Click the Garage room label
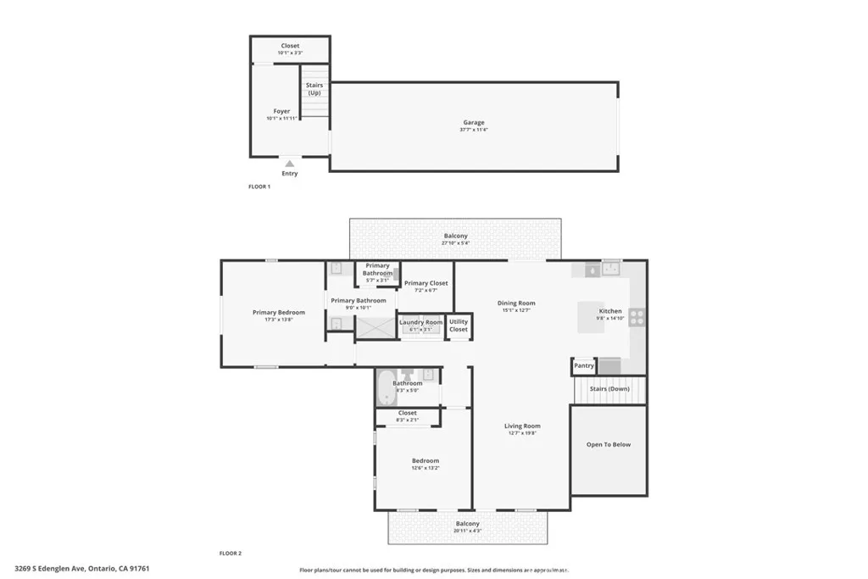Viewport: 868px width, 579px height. tap(473, 123)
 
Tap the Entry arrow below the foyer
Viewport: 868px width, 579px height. tap(290, 164)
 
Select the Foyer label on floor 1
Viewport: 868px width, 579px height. tap(281, 111)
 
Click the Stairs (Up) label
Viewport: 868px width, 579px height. tap(314, 88)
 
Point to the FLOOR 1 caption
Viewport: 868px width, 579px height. tap(259, 187)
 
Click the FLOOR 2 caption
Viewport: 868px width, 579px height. tap(231, 553)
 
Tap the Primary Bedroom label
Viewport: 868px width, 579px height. tap(278, 312)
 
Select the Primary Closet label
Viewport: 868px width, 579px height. tap(426, 283)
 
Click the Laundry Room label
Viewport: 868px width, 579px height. tap(420, 322)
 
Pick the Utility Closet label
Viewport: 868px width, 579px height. tap(459, 325)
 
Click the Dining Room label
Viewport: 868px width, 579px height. tap(515, 303)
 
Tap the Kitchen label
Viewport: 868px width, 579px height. tap(610, 311)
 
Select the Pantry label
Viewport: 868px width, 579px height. tap(583, 366)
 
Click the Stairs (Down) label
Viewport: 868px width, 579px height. tap(609, 388)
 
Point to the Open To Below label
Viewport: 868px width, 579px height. tap(609, 444)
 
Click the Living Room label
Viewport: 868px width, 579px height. tap(522, 426)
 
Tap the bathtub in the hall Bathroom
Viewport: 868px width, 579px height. tap(386, 392)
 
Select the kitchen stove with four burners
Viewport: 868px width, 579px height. tap(637, 318)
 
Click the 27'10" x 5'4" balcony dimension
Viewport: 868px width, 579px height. tap(455, 243)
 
